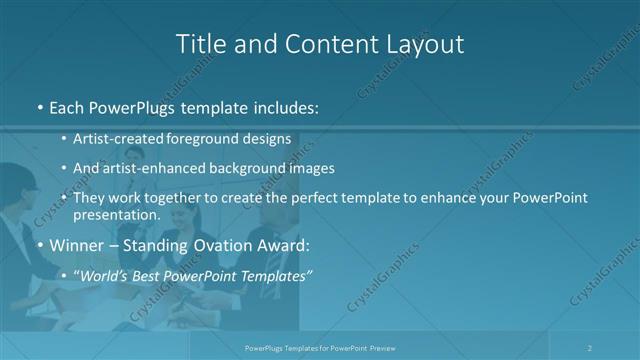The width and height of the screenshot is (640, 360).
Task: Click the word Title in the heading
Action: (199, 44)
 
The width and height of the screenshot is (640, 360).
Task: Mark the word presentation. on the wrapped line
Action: (117, 214)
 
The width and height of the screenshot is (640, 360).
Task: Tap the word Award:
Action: (286, 244)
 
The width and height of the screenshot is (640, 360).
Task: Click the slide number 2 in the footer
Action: (590, 347)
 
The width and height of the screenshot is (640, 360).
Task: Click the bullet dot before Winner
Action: (39, 245)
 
